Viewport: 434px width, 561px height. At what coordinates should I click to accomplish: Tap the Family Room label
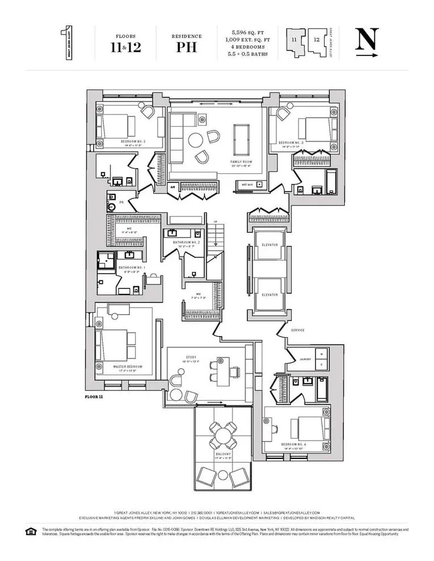pyautogui.click(x=241, y=162)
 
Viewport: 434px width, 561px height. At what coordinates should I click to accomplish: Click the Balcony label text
pyautogui.click(x=223, y=454)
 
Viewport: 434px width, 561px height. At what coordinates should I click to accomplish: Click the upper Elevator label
pyautogui.click(x=269, y=245)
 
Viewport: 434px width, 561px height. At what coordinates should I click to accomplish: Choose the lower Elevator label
pyautogui.click(x=269, y=295)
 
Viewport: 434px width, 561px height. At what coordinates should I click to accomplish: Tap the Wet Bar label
pyautogui.click(x=247, y=185)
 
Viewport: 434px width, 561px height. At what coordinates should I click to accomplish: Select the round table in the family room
pyautogui.click(x=196, y=139)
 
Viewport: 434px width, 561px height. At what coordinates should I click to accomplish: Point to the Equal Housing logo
pyautogui.click(x=31, y=530)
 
